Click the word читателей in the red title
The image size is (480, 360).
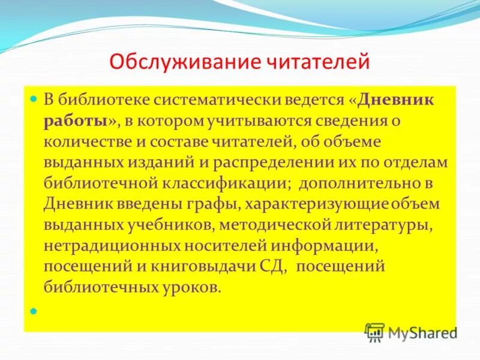319,62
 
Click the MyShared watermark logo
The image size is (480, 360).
412,332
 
